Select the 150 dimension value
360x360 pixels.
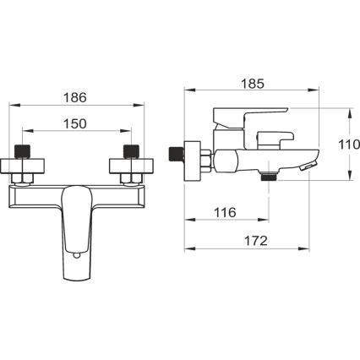pyautogui.click(x=76, y=124)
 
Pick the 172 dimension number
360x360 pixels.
pyautogui.click(x=251, y=241)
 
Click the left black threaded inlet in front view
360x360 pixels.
pyautogui.click(x=22, y=152)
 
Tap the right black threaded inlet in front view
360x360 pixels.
pyautogui.click(x=131, y=152)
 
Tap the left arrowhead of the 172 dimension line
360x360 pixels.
pyautogui.click(x=188, y=249)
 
